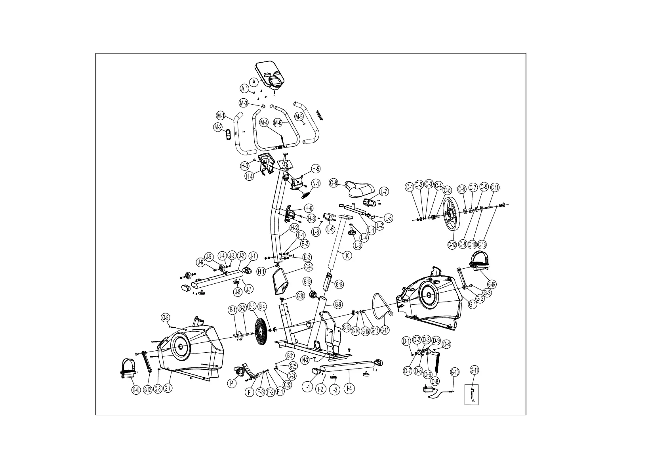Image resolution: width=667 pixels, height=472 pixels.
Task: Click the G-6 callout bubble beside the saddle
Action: point(333,183)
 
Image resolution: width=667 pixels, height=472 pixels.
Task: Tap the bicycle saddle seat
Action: point(359,189)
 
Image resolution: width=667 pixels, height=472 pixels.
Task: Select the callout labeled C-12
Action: point(452,245)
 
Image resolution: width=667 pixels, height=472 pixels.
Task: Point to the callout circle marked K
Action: point(347,256)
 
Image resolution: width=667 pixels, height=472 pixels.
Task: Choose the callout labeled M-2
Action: point(217,127)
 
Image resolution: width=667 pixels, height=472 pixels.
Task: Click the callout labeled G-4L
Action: point(135,390)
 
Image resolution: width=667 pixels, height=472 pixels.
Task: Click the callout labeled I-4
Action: point(349,388)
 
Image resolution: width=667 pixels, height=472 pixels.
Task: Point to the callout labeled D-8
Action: point(435,381)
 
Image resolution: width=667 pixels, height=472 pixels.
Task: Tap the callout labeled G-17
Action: point(385,330)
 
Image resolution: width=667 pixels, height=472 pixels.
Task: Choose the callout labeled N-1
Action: point(316,183)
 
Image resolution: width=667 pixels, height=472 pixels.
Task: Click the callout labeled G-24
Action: point(309,267)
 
